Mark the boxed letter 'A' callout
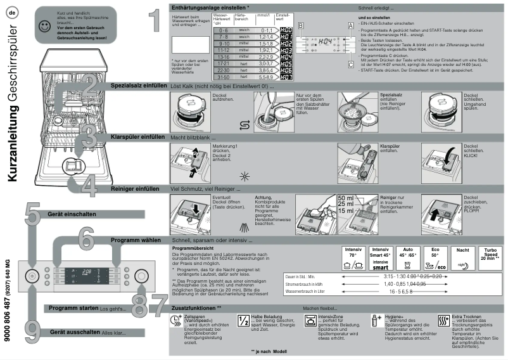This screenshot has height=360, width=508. point(350,25)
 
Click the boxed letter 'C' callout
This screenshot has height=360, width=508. point(350,64)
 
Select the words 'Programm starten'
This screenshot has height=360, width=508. point(72,308)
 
